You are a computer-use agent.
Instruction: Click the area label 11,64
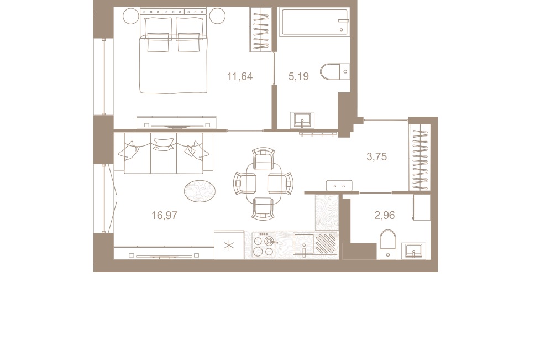click(240, 76)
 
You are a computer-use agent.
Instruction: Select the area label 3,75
click(376, 156)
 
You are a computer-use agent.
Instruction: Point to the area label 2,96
click(385, 215)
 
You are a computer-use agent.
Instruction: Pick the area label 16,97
click(164, 215)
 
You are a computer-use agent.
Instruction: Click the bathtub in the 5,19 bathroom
click(313, 22)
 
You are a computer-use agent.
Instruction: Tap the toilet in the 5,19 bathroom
click(334, 71)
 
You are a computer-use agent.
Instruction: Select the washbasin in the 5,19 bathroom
click(302, 120)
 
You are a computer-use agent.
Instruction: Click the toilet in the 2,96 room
click(388, 244)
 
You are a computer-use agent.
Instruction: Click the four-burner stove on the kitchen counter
click(263, 245)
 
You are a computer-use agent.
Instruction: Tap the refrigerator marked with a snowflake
click(229, 245)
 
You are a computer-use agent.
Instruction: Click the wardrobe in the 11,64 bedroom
click(260, 29)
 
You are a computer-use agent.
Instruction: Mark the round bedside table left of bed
click(130, 15)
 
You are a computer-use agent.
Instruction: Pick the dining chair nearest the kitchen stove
click(263, 207)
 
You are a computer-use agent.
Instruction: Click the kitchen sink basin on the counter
click(304, 244)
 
